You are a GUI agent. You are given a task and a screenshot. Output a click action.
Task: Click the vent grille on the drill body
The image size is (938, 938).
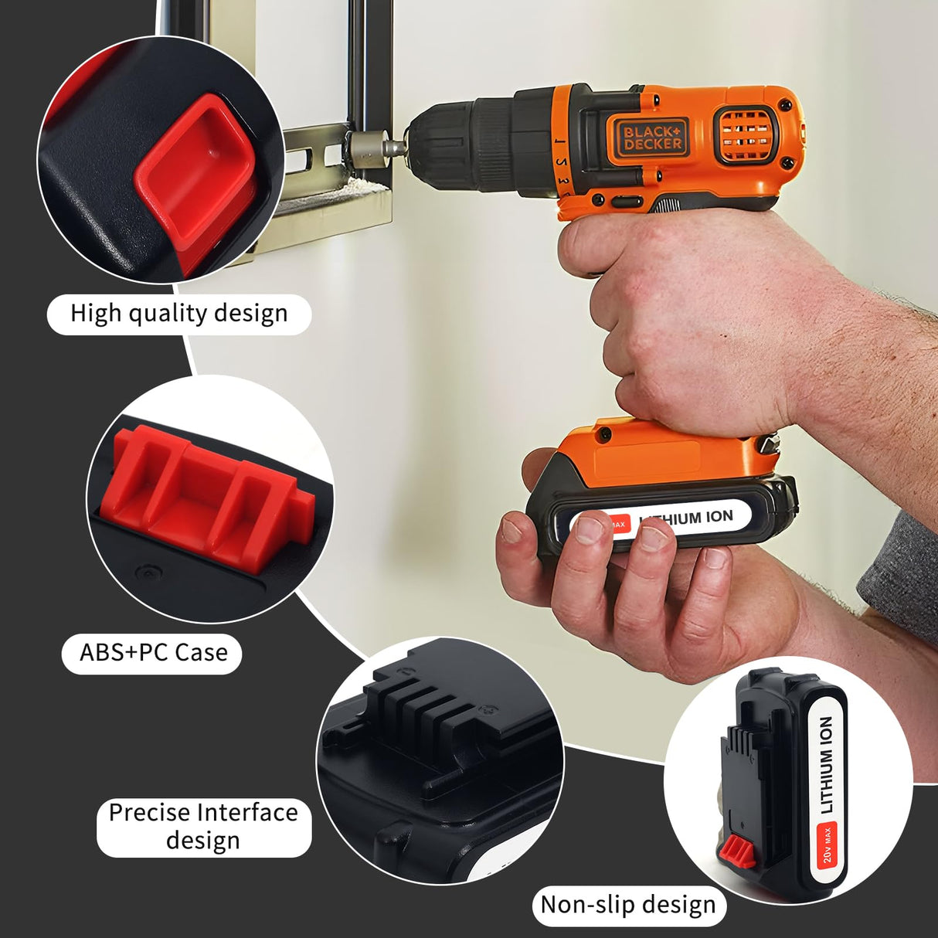click(x=745, y=134)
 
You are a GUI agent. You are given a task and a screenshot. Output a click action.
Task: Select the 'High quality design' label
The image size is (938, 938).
click(x=179, y=314)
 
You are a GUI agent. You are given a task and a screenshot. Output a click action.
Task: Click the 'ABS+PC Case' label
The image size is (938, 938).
click(x=153, y=653)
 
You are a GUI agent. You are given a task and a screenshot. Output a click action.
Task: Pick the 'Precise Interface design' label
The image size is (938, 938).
click(x=203, y=827)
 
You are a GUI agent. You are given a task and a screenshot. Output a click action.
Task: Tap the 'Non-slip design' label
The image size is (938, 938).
click(x=628, y=904)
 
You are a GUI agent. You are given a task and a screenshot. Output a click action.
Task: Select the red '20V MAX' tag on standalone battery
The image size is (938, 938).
click(x=828, y=845)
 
